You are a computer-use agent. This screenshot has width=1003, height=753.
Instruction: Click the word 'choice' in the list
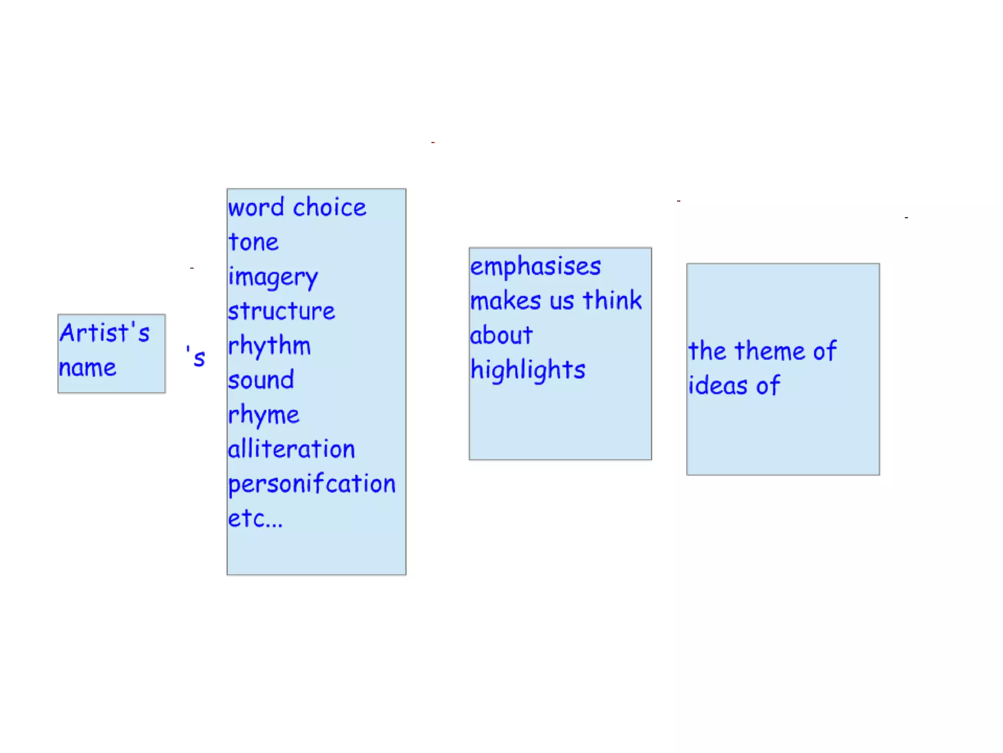(x=329, y=207)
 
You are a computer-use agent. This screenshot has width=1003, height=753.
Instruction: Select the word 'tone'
(x=254, y=242)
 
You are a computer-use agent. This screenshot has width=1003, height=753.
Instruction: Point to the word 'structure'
(x=282, y=311)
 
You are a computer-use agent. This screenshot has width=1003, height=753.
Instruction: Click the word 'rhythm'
(x=269, y=346)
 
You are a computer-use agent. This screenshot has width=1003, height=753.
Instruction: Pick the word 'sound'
(x=261, y=380)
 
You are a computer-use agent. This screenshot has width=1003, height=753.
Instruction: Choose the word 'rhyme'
(x=263, y=416)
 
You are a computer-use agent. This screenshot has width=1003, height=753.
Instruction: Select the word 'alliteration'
(x=291, y=449)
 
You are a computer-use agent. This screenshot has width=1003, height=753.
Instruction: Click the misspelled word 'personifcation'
(x=311, y=484)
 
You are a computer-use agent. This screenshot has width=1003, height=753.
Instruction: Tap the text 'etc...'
(x=255, y=519)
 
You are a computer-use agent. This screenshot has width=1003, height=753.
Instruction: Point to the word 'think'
(x=612, y=300)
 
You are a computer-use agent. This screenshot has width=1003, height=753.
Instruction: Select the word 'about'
(x=501, y=335)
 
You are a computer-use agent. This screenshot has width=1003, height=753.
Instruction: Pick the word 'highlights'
(x=528, y=370)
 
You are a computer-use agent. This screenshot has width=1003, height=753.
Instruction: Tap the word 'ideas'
(x=717, y=385)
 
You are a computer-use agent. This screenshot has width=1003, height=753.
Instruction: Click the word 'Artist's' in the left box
(x=104, y=333)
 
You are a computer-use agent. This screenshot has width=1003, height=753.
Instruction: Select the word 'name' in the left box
(x=88, y=368)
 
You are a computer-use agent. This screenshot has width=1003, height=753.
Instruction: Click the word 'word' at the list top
(x=256, y=207)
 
